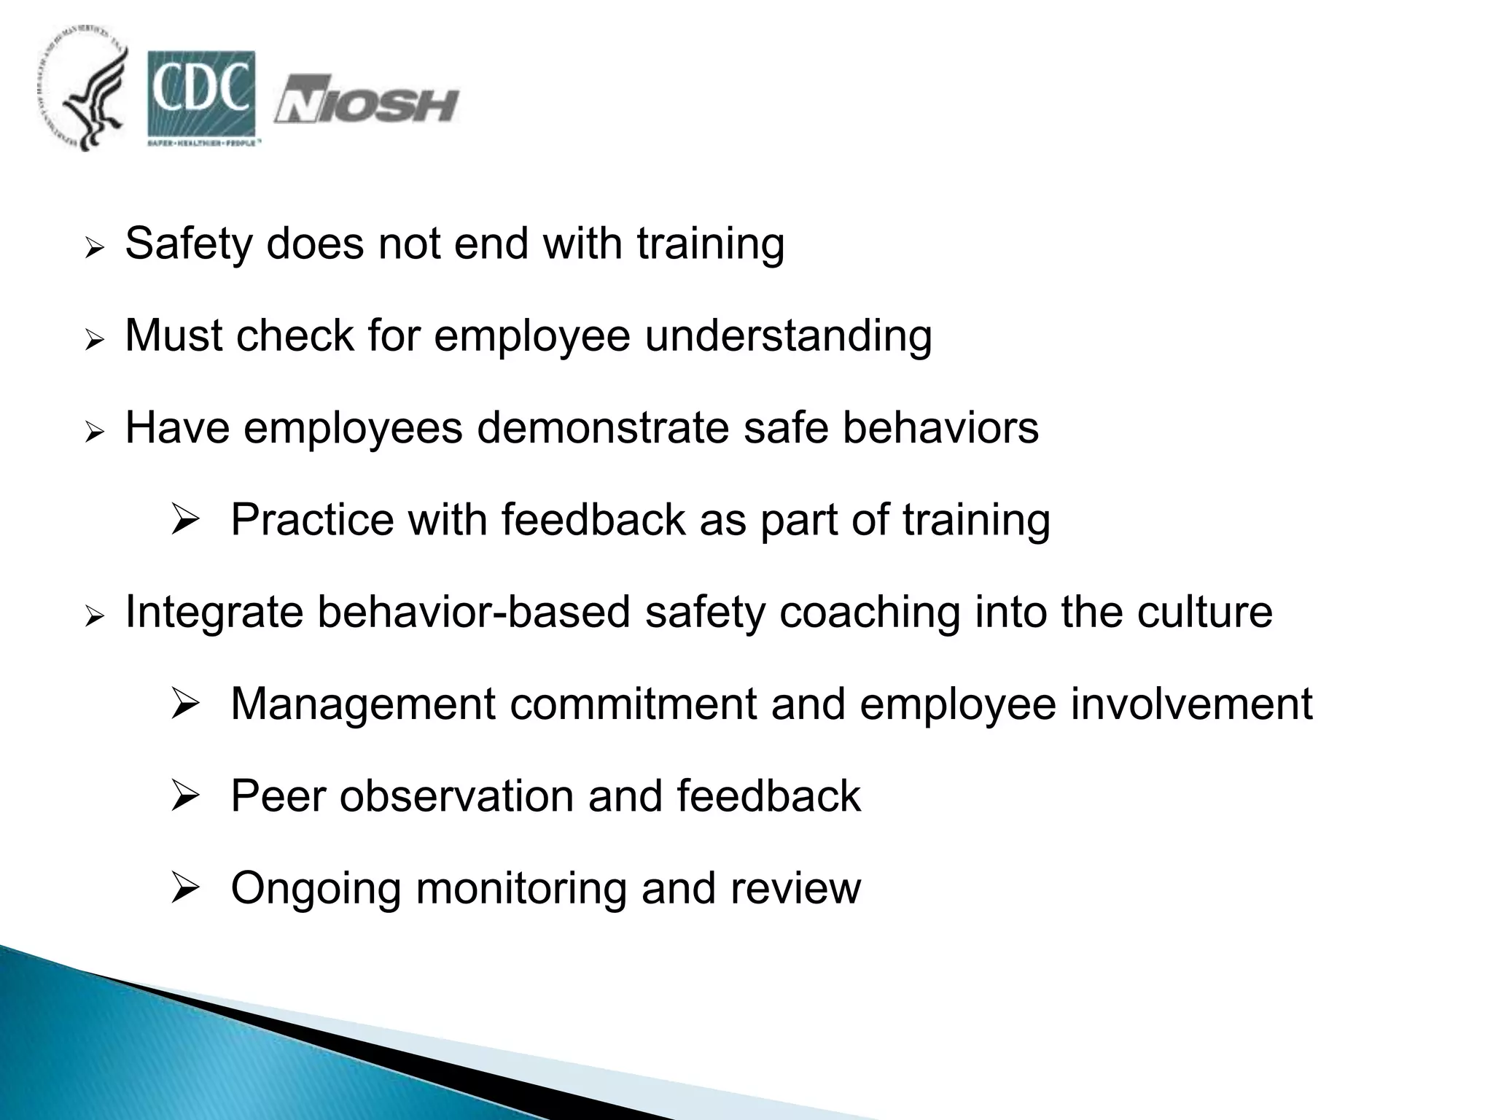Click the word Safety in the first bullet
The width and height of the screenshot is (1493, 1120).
click(x=187, y=244)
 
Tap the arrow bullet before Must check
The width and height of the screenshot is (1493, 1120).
click(x=95, y=341)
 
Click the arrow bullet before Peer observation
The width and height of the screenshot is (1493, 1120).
click(x=184, y=797)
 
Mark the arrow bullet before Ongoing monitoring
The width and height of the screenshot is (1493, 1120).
click(x=184, y=889)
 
